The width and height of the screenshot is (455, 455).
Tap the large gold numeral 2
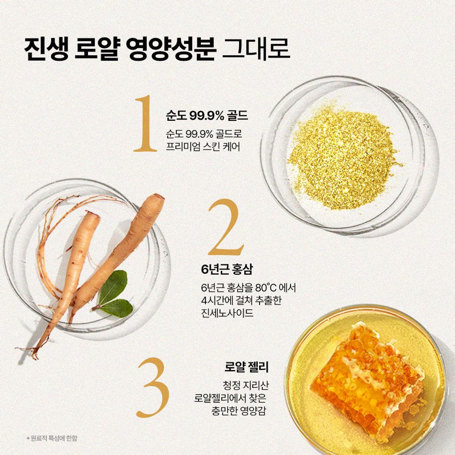click(x=226, y=227)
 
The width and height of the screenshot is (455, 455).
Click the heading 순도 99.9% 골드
click(x=206, y=116)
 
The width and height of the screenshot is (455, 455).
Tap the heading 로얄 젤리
click(x=247, y=368)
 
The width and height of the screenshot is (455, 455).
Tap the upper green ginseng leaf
click(x=113, y=287)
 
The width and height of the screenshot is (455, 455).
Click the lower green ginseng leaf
click(x=116, y=308)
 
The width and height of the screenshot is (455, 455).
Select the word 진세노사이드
click(x=227, y=314)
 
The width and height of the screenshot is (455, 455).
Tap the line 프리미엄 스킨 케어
click(x=203, y=146)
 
